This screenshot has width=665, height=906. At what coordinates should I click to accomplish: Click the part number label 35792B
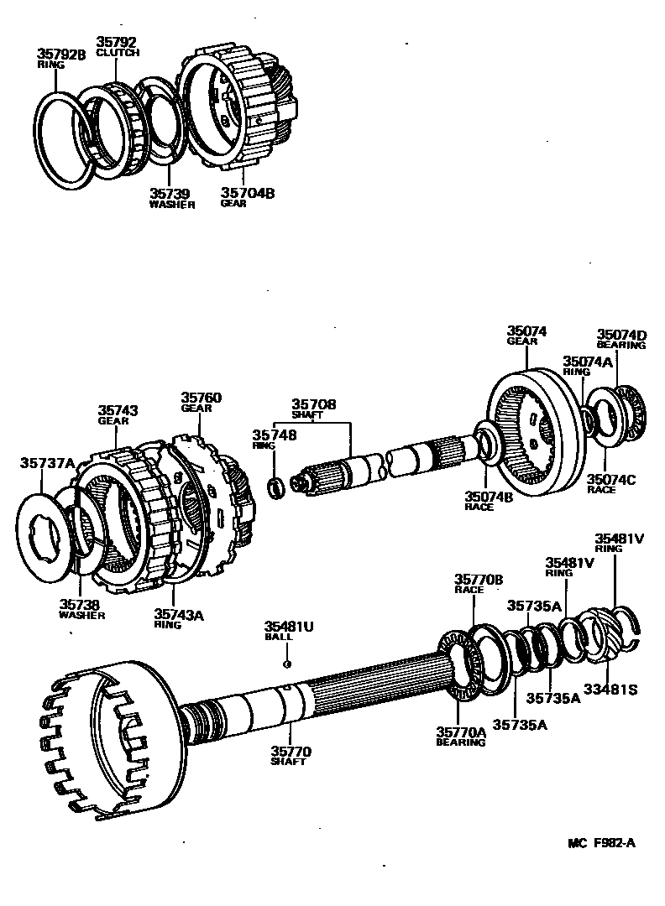(x=61, y=54)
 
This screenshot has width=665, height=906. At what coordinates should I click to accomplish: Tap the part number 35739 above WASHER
(x=170, y=194)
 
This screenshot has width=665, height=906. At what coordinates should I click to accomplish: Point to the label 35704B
(x=248, y=192)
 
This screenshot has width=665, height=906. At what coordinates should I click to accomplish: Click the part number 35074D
(x=622, y=333)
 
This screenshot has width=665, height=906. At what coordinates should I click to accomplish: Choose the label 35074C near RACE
(x=610, y=478)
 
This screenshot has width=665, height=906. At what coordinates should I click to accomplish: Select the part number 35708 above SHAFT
(x=314, y=404)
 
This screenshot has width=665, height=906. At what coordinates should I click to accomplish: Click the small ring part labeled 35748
(x=275, y=487)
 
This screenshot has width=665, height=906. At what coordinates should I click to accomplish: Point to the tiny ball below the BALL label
(x=287, y=664)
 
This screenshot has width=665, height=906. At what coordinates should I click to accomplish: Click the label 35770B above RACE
(x=479, y=579)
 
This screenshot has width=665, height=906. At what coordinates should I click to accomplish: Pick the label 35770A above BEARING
(x=461, y=732)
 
